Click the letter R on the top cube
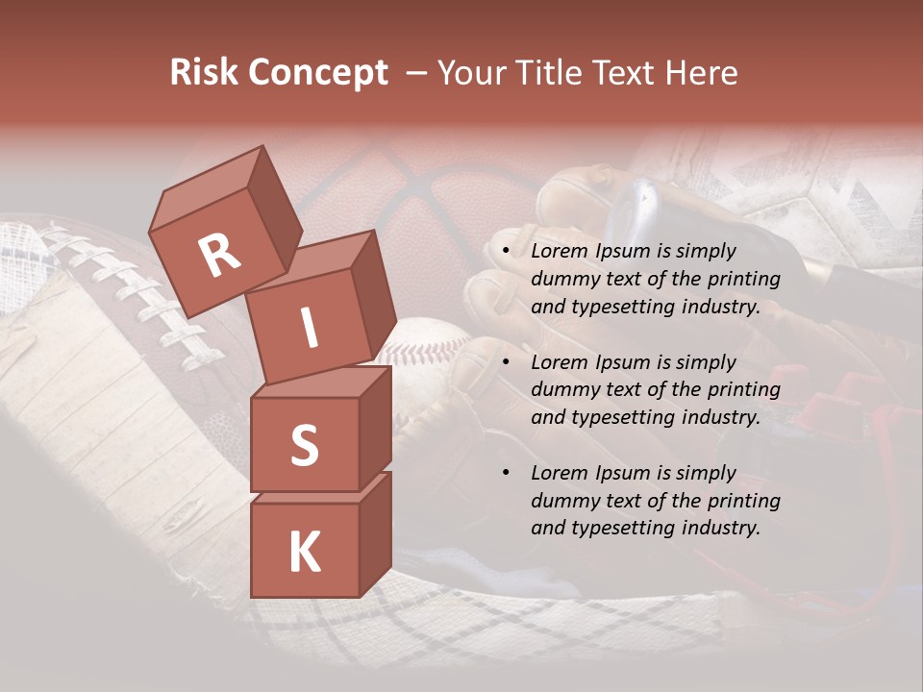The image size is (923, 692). tap(218, 256)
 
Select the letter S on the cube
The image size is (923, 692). tap(304, 445)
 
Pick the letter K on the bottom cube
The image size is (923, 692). tap(304, 553)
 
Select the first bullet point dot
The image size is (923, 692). tap(508, 252)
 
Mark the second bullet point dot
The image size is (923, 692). tap(508, 363)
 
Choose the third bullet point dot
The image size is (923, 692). tap(508, 474)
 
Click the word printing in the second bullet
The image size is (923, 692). tap(744, 390)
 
